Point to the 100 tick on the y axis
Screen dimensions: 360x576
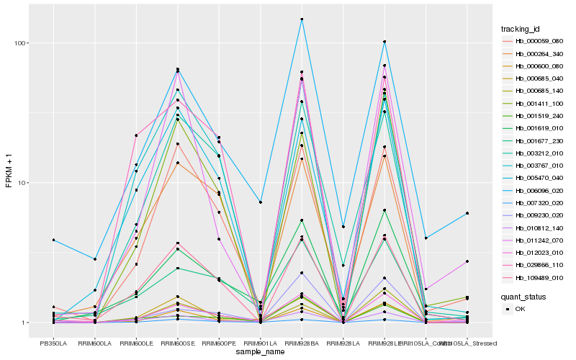[21, 43]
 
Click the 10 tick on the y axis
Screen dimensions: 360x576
[23, 183]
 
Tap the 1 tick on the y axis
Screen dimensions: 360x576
[25, 323]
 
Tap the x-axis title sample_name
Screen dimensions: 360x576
[260, 352]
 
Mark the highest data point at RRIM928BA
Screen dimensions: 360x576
[302, 19]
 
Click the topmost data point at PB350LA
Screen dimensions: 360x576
[53, 240]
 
